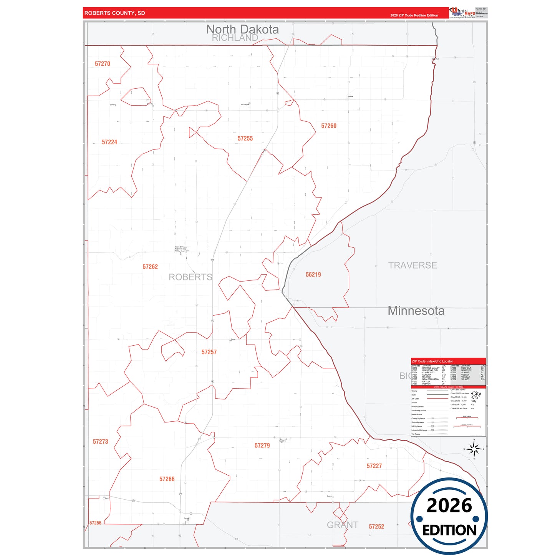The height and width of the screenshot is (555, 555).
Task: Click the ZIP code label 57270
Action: tap(103, 64)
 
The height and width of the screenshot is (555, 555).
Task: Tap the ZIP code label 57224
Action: tap(109, 142)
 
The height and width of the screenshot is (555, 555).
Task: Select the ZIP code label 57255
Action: tap(245, 138)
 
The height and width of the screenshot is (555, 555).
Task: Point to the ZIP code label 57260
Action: tap(329, 126)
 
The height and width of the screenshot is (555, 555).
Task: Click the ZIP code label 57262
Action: tap(150, 267)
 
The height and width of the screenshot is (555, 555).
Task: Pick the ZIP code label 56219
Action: tap(313, 275)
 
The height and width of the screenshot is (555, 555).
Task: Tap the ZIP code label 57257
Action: tap(209, 352)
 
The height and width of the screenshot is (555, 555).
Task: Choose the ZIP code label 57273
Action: tap(101, 442)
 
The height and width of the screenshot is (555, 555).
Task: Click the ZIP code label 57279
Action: tap(262, 446)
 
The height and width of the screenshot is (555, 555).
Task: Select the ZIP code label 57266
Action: tap(167, 479)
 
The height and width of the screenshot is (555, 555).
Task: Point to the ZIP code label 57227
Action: tap(374, 466)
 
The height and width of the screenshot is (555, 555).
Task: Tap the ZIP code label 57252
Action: tap(376, 527)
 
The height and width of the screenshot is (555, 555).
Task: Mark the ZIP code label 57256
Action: tap(95, 523)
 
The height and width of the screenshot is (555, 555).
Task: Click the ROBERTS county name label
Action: tap(191, 277)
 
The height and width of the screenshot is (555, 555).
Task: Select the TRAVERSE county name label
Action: tap(413, 265)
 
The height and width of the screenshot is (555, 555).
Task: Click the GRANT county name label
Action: tap(343, 525)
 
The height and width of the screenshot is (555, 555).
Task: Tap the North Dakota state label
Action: tap(242, 29)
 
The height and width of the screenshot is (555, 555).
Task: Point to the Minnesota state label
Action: tap(416, 310)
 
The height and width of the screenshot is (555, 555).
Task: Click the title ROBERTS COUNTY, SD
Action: tap(115, 13)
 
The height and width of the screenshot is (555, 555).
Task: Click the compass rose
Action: tap(474, 449)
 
